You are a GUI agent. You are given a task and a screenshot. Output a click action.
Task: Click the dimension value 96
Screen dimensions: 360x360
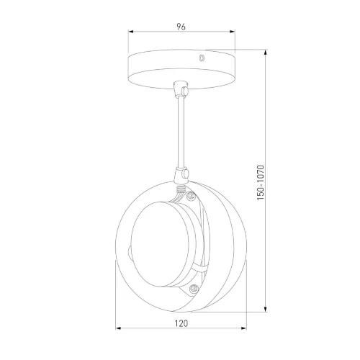pos(181,27)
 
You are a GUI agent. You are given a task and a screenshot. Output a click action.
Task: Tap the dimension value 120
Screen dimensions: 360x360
pos(181,323)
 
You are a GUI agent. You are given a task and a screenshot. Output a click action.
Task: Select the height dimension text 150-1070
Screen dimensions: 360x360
pos(261,183)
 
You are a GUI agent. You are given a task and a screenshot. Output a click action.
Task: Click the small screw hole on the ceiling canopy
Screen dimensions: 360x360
pos(202,58)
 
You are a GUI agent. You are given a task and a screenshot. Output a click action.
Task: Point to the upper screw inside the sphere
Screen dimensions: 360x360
pos(192,196)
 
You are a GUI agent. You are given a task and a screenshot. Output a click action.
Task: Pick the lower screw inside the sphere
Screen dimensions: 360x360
pos(194,288)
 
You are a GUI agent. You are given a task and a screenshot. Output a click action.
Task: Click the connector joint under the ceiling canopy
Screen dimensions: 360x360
pos(181,89)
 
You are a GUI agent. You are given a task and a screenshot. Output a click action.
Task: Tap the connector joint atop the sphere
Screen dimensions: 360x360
pos(181,174)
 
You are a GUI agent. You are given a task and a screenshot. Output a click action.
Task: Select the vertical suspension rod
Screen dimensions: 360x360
pos(181,132)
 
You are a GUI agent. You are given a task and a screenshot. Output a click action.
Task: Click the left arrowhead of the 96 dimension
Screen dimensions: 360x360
pos(130,32)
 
